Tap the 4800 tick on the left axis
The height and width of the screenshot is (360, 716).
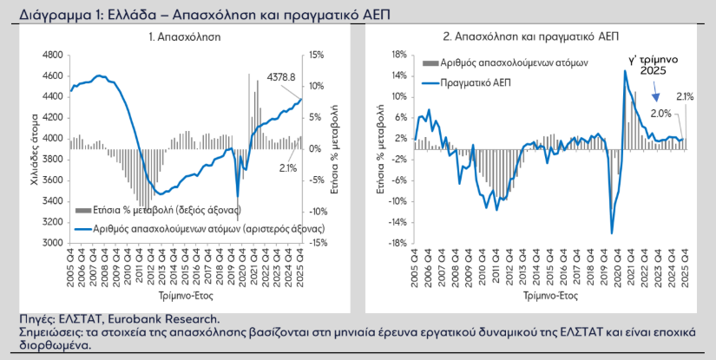[52, 55]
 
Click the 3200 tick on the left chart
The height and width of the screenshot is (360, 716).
[52, 222]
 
